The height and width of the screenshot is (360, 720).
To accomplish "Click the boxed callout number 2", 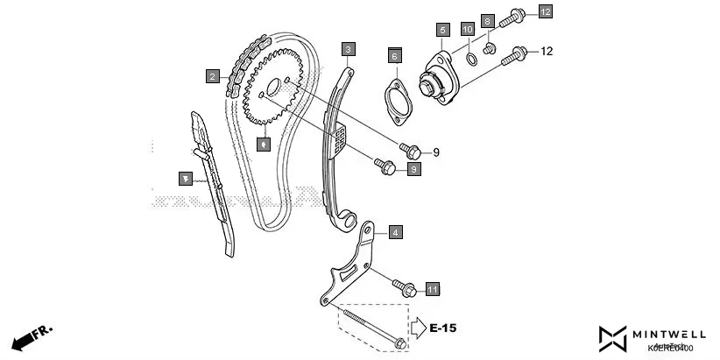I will (x=212, y=76).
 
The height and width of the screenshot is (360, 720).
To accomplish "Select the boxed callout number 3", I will (x=349, y=48).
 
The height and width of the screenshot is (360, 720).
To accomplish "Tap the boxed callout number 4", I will (x=395, y=232).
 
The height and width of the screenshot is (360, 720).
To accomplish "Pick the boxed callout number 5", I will (x=443, y=30).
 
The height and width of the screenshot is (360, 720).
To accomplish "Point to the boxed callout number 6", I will (x=394, y=56).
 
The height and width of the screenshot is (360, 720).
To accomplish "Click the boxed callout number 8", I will (x=489, y=20).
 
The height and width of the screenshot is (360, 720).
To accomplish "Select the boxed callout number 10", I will (x=468, y=30).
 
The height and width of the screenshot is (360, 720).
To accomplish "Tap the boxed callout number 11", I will (x=432, y=288).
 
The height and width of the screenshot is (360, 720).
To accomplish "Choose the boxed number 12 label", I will (x=546, y=11).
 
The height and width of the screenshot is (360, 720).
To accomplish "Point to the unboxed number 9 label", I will (x=435, y=152).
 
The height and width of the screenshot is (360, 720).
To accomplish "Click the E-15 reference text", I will (x=443, y=328).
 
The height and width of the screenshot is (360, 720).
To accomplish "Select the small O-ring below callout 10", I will (x=471, y=60).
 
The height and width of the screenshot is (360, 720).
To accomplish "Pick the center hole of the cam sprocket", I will (x=272, y=88).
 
